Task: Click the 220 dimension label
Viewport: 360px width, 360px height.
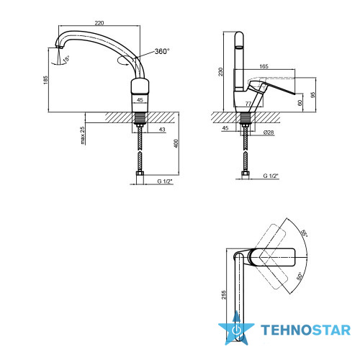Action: click(x=99, y=23)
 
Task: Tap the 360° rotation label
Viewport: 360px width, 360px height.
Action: click(x=162, y=51)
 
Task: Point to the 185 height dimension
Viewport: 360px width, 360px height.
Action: click(x=45, y=80)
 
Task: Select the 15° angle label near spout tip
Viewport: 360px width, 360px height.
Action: click(x=66, y=59)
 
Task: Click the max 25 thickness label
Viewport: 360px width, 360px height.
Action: click(x=83, y=135)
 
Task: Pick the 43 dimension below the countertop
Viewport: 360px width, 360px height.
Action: click(x=162, y=130)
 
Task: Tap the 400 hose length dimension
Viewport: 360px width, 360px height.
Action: click(x=176, y=143)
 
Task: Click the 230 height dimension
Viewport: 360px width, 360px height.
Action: click(x=220, y=72)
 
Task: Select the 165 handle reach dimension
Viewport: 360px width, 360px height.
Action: click(x=264, y=66)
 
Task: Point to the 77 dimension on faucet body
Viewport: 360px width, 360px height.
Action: click(x=248, y=104)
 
